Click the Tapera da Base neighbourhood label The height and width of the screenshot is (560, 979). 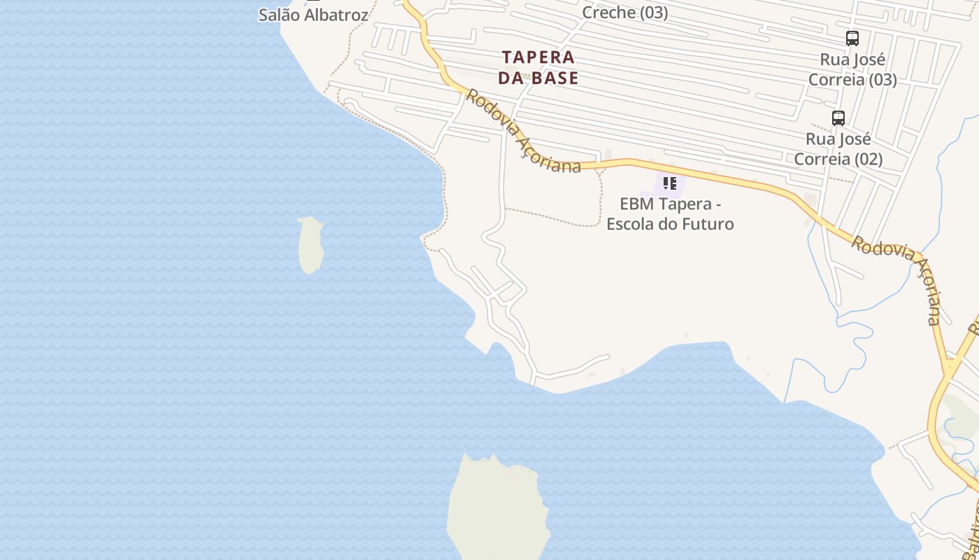coord(538,67)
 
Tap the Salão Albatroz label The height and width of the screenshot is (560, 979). coord(313,15)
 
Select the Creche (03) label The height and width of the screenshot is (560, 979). coord(624,13)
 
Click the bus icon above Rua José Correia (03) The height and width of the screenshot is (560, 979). coord(852,38)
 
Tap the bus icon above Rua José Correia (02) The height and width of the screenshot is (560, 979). coord(838,118)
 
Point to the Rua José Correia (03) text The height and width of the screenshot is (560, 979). coord(852,69)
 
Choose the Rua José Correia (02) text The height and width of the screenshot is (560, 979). coord(838,149)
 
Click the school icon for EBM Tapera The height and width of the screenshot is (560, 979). coord(669,183)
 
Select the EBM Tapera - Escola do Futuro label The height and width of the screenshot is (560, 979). coord(670,214)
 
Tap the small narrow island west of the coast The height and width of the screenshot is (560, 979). coord(310,244)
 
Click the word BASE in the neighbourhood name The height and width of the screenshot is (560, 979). coord(553,78)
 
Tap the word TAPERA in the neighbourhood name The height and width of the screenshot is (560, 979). coord(538,57)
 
